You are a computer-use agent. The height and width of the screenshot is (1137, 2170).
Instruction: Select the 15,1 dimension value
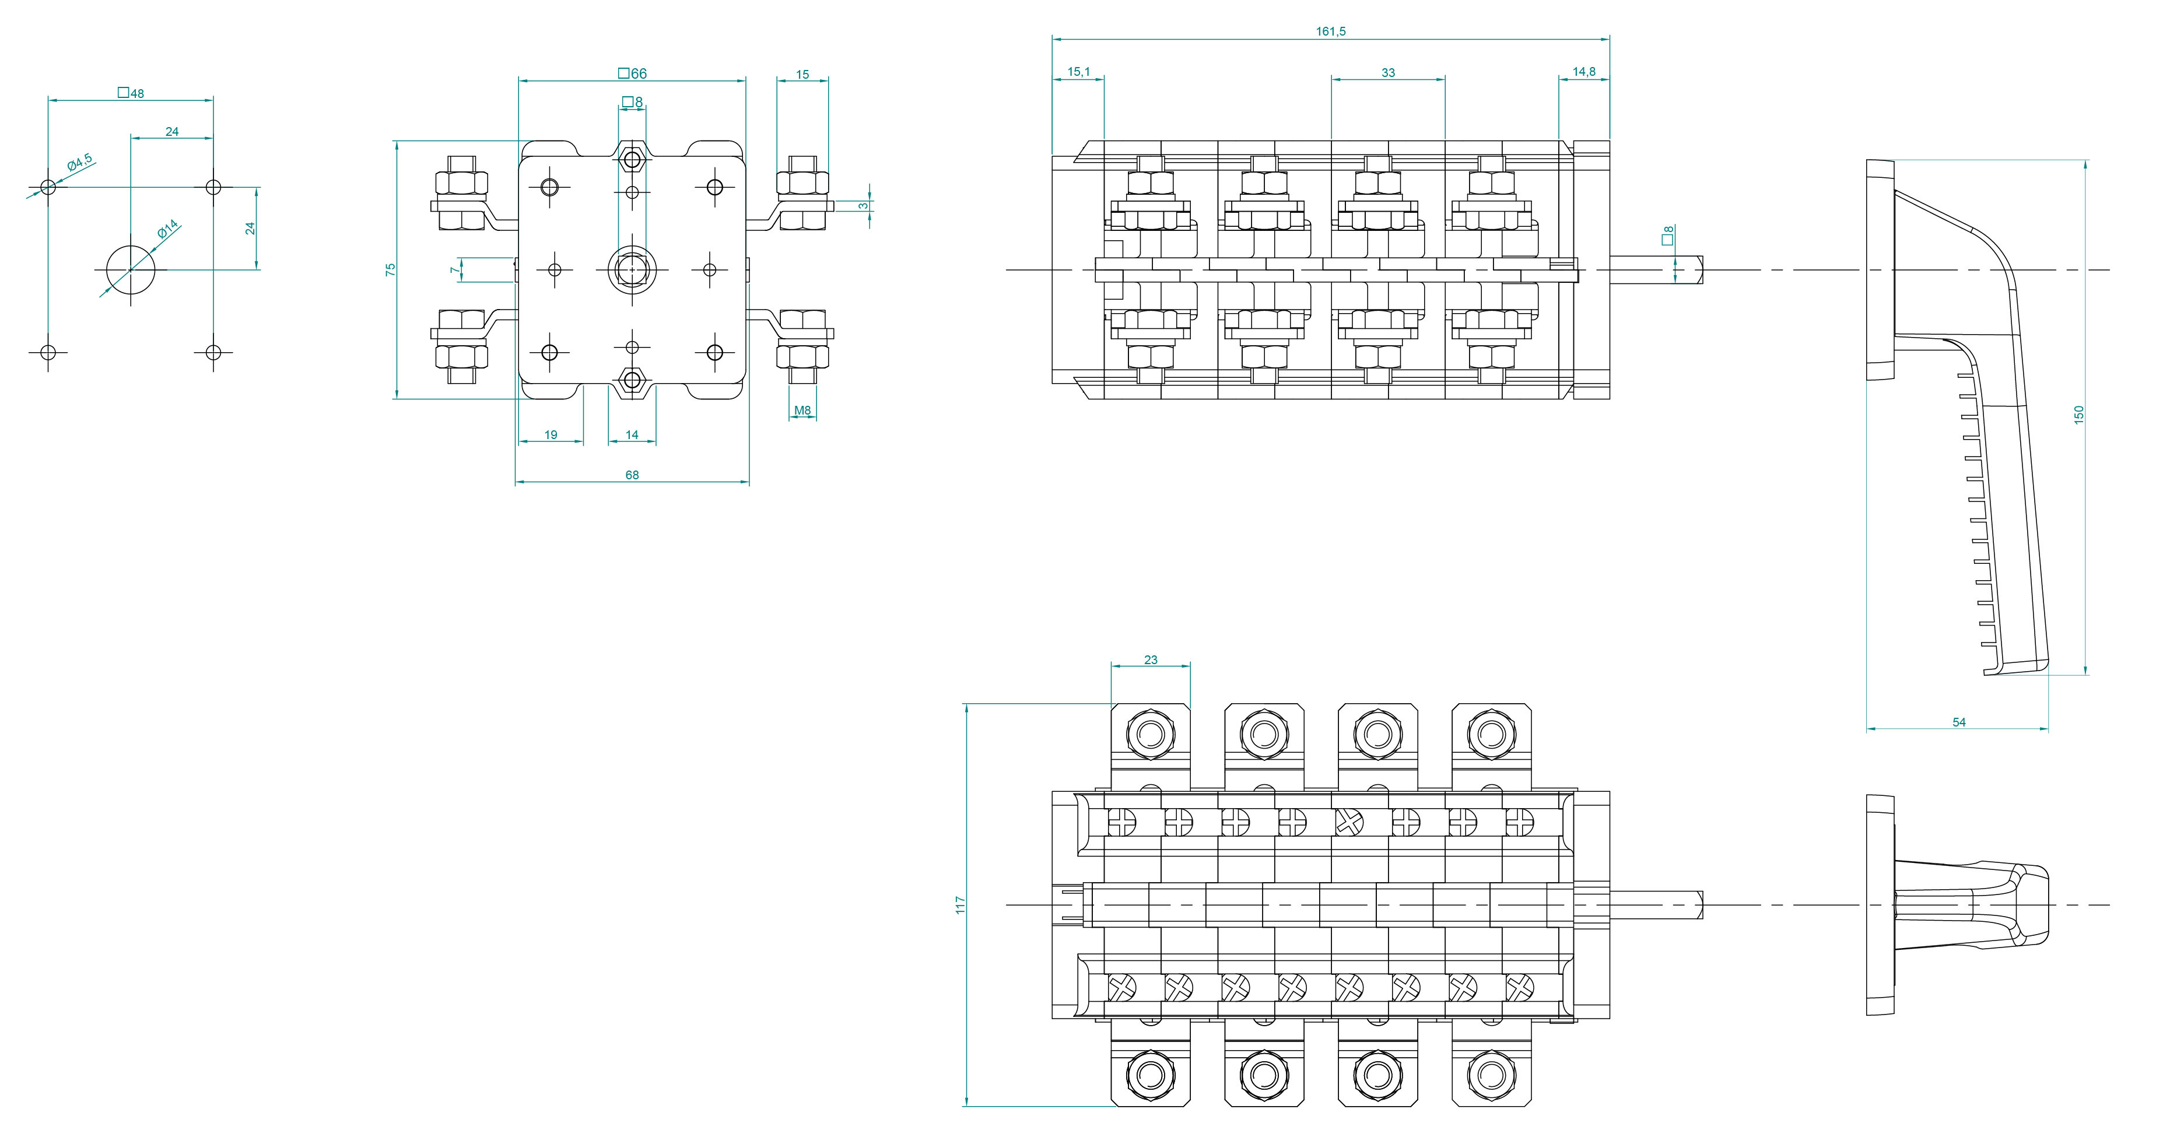coord(1078,72)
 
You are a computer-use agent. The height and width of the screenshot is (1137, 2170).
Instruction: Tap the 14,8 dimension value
coord(1584,72)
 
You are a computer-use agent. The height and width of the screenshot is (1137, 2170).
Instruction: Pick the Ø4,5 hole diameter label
coord(80,163)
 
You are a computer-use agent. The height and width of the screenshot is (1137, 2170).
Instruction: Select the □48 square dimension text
coord(131,93)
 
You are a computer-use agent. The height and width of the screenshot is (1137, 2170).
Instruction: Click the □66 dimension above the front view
coord(633,74)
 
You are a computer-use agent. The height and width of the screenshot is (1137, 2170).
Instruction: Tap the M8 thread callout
coord(802,411)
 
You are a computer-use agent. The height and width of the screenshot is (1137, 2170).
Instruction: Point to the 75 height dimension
coord(390,269)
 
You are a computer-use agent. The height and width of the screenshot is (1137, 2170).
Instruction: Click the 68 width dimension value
coord(632,475)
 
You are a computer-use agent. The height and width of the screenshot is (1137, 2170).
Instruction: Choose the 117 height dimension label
coord(959,906)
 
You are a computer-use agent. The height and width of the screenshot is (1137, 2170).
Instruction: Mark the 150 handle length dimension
coord(2078,415)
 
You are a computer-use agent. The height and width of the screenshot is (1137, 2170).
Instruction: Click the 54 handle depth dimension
coord(1958,722)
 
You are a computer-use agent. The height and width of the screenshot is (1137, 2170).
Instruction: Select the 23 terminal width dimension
coord(1151,660)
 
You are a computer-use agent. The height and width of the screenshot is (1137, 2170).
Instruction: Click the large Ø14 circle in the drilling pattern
coord(131,269)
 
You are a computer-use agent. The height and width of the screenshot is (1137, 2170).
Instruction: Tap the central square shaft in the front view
coord(632,269)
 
